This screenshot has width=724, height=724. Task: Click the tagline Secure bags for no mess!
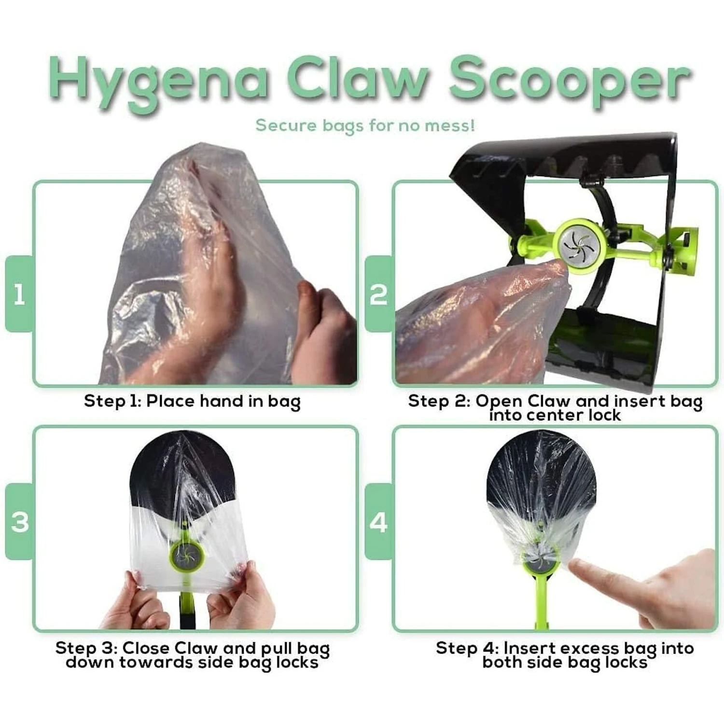tap(365, 125)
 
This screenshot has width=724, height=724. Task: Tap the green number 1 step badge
tap(19, 294)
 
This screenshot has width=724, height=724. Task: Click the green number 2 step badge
tap(378, 294)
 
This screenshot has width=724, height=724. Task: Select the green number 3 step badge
tap(19, 522)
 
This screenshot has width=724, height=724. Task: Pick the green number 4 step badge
tap(378, 522)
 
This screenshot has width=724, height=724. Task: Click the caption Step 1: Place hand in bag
tap(192, 401)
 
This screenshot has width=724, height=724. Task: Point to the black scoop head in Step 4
tap(541, 473)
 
